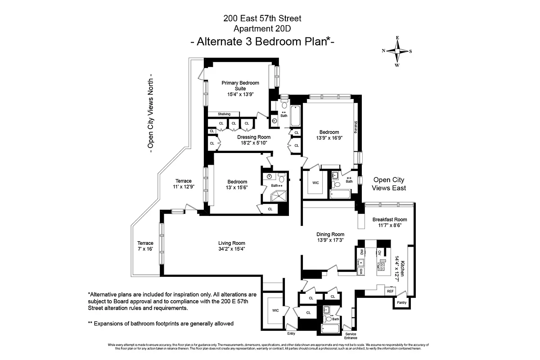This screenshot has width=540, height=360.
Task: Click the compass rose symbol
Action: click(x=397, y=51)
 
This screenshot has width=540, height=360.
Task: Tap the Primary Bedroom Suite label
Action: click(x=240, y=85)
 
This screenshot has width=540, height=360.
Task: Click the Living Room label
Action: click(x=232, y=243)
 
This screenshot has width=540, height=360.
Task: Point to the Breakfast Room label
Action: click(x=389, y=220)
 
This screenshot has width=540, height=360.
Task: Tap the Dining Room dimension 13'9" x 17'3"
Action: click(x=330, y=240)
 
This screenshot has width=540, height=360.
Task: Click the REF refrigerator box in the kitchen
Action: click(x=390, y=291)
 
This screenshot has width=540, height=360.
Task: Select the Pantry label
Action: click(x=401, y=303)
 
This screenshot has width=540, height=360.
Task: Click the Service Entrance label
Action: click(x=351, y=336)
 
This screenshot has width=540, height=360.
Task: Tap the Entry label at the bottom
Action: click(x=291, y=333)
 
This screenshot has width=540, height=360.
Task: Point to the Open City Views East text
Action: click(x=389, y=184)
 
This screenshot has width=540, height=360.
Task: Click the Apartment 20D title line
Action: click(x=262, y=29)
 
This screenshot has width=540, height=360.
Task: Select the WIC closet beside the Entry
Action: click(x=275, y=310)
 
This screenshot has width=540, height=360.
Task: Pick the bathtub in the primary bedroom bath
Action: click(x=296, y=116)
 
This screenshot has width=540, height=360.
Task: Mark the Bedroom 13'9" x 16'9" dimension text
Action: click(x=330, y=138)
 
